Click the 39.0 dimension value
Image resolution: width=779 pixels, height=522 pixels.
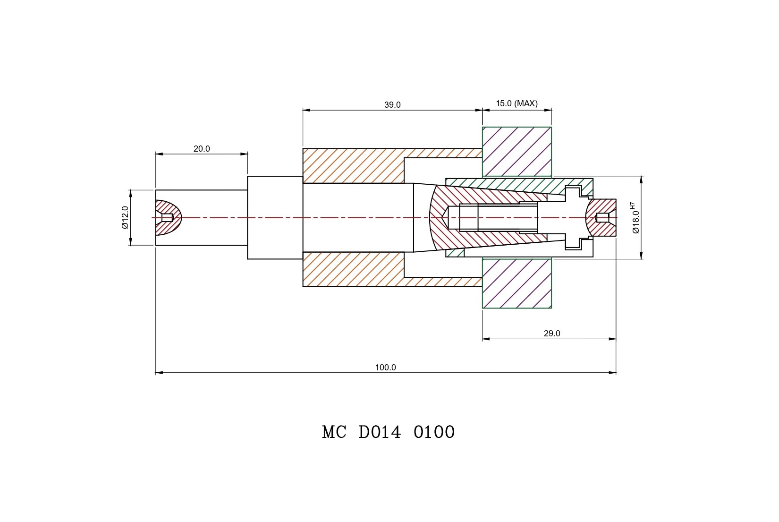point(392,105)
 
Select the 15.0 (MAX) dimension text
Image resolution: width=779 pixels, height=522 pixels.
point(517,103)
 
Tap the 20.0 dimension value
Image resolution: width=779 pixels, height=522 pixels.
point(202,149)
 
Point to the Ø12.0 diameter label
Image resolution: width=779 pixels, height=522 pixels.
point(125,217)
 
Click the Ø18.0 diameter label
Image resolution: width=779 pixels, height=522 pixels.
point(636,222)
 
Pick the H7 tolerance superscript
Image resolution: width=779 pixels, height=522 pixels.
point(633,206)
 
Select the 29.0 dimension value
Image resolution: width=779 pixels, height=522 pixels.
point(551,334)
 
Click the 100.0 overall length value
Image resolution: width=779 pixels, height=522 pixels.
point(385,368)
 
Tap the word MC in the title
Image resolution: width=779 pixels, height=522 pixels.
point(334,432)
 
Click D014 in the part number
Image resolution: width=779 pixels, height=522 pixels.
point(380,432)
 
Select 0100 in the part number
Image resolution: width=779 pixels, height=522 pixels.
point(434,432)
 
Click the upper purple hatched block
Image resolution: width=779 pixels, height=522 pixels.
point(517,152)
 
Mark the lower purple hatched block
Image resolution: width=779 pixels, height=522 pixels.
point(517,283)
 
